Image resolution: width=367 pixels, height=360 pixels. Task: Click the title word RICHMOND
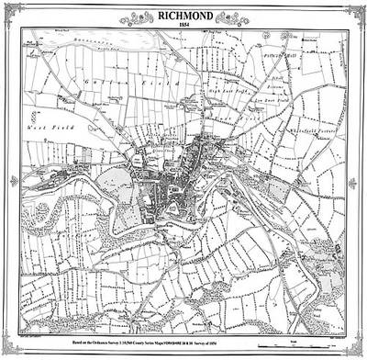tap(183, 14)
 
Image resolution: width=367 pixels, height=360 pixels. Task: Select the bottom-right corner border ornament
tap(356, 350)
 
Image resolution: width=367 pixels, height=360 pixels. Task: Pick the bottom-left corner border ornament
tap(11, 350)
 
